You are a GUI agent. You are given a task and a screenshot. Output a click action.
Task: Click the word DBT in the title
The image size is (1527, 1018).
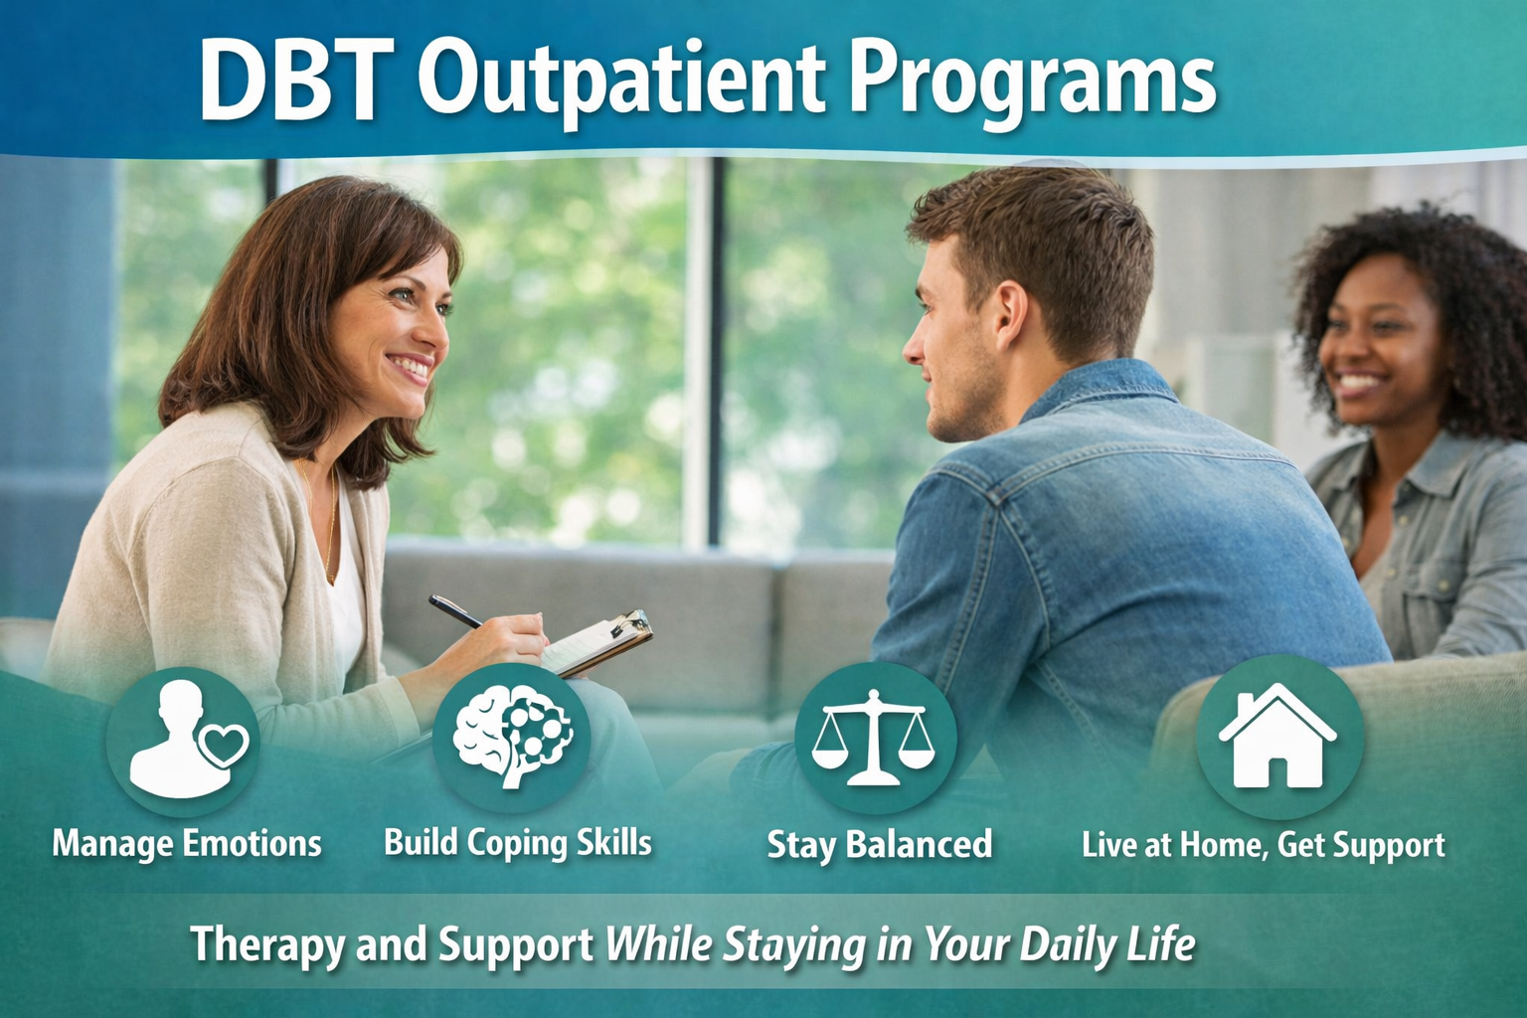point(290,82)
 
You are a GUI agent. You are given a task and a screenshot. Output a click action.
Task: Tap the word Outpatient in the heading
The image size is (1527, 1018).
point(620,82)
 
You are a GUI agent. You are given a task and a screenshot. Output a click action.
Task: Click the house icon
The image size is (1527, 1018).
point(1277,737)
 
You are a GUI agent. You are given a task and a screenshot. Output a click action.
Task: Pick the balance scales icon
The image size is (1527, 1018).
point(874,737)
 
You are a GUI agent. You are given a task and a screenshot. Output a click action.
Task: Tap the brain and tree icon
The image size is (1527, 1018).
point(513,737)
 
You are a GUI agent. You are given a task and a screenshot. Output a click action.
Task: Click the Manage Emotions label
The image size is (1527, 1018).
point(187,844)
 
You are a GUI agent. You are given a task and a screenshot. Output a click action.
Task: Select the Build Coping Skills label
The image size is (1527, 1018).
point(518,843)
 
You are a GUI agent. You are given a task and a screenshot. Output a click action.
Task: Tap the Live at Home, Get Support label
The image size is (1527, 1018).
point(1264,845)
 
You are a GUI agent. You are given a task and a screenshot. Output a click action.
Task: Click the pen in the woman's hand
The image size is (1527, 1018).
point(455,610)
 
